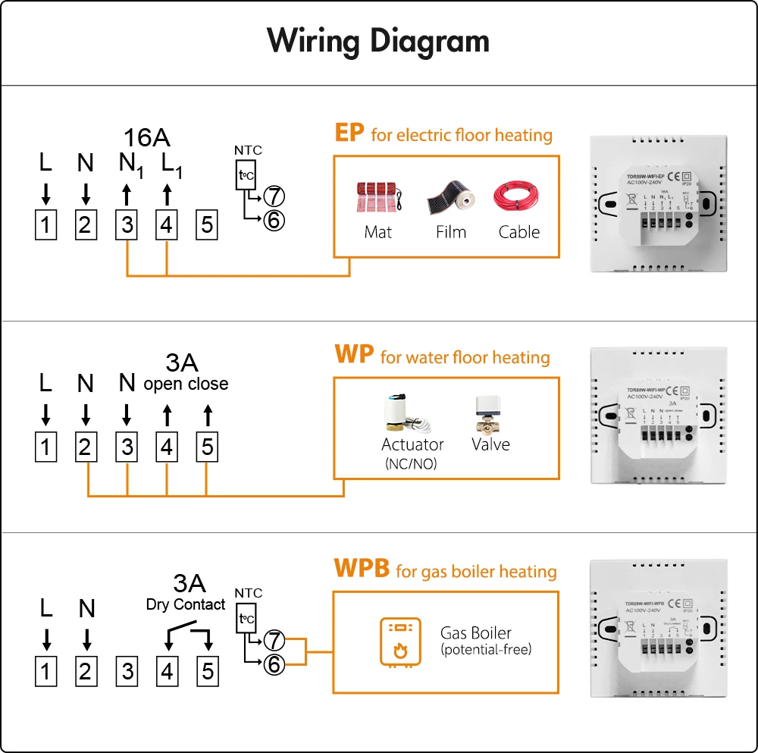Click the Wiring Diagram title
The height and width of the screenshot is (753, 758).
[x=378, y=42]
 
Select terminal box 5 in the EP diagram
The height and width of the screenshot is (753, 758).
[x=206, y=225]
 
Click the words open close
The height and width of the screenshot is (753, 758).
[x=186, y=384]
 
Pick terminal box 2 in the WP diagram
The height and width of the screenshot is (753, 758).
[x=86, y=447]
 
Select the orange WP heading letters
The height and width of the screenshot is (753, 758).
[x=354, y=356]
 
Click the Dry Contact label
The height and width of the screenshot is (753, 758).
[x=186, y=604]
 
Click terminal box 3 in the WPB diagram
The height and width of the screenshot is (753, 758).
[x=127, y=671]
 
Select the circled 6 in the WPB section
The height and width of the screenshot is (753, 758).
[x=274, y=664]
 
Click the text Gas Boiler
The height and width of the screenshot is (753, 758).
[x=475, y=632]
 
